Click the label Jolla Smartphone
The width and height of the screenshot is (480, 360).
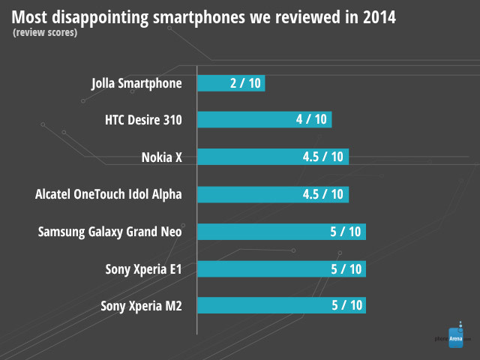point(136,83)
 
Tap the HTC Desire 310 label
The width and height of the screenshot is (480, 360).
point(144,120)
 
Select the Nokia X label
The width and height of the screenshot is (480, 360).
point(161,157)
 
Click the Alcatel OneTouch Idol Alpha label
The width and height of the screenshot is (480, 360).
point(109,194)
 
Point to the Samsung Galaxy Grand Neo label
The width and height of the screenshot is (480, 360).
point(110,231)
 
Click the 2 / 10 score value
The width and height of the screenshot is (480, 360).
point(245,83)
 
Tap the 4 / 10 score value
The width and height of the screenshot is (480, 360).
point(311,120)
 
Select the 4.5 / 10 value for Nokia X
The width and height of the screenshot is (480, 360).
point(322,157)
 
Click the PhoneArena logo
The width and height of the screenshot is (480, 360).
point(454,338)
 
